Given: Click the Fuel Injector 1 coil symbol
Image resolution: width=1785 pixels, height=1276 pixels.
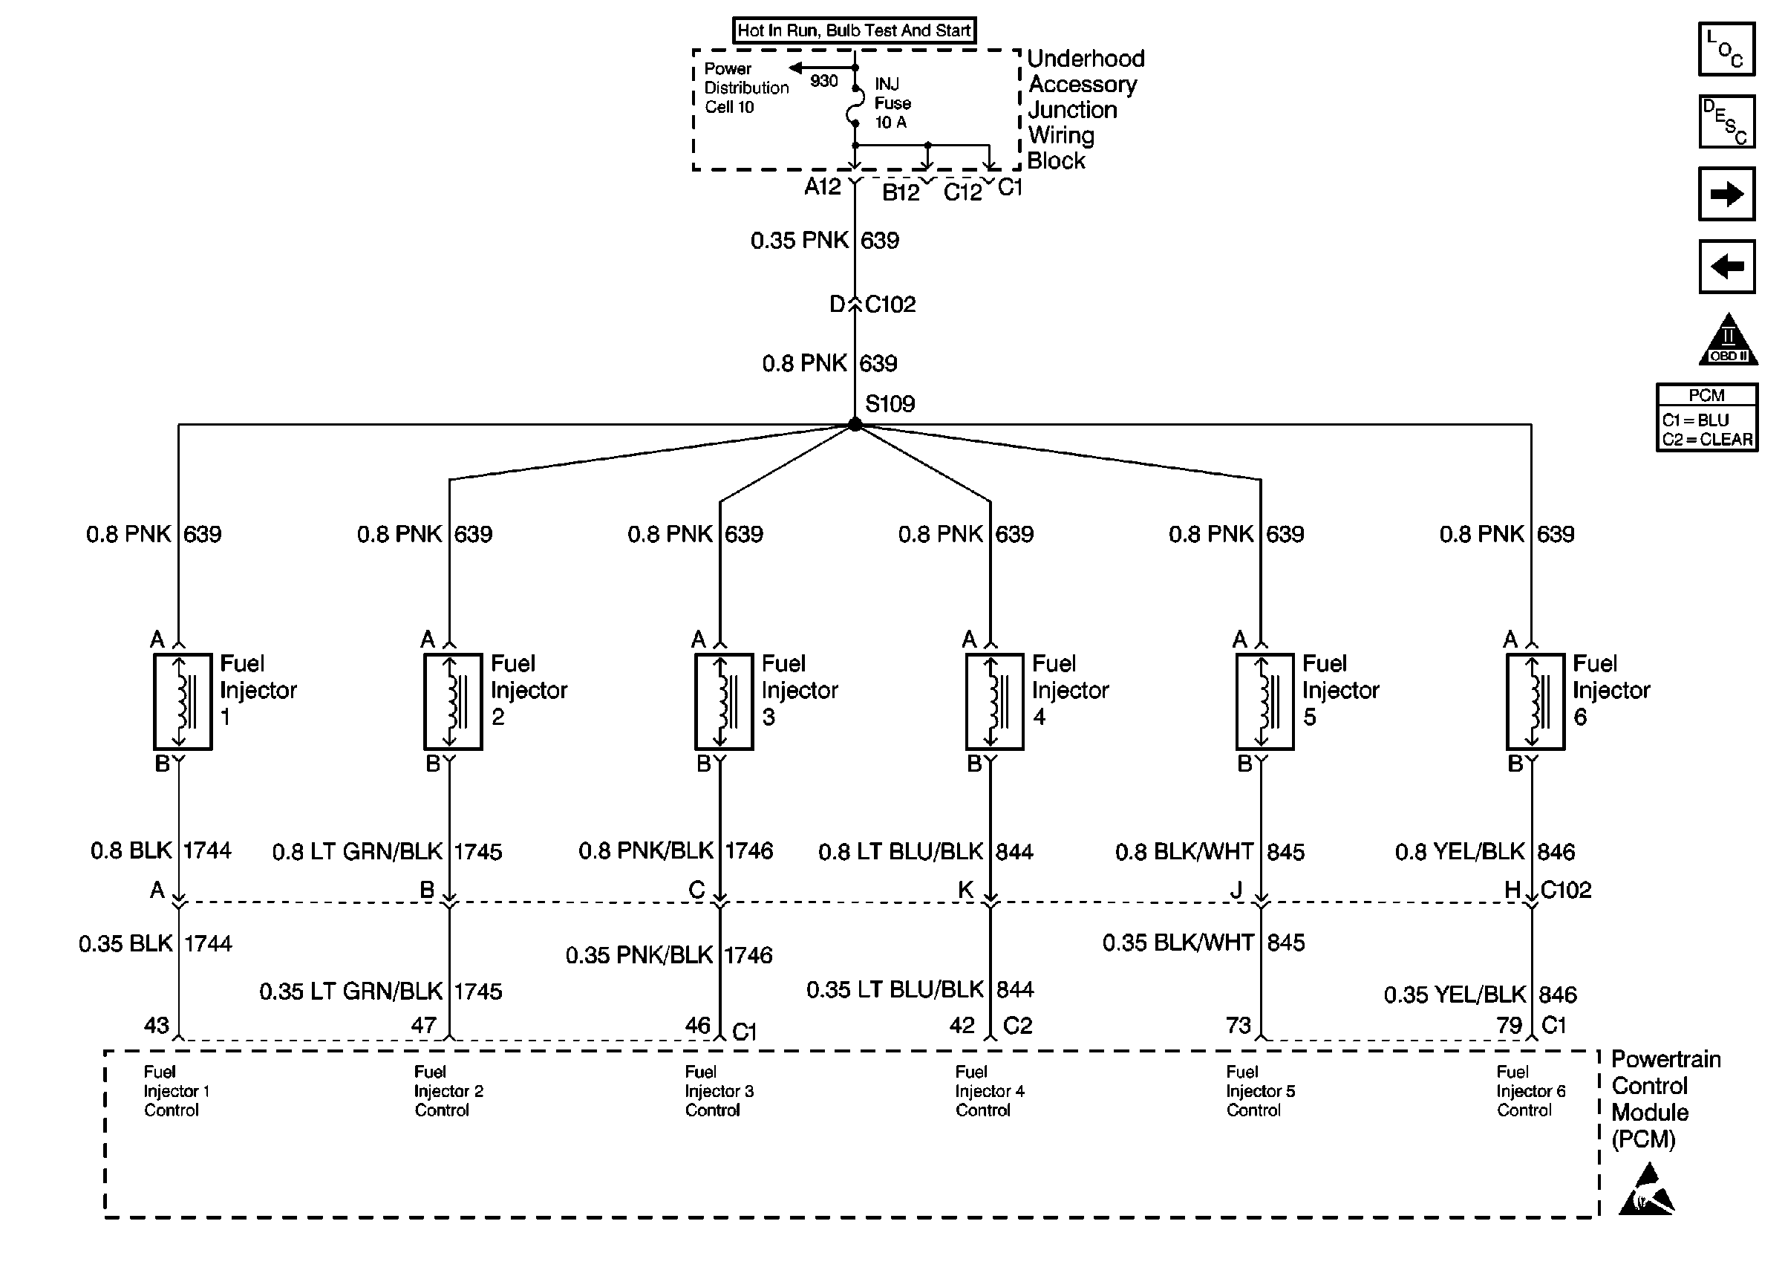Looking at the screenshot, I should pyautogui.click(x=182, y=702).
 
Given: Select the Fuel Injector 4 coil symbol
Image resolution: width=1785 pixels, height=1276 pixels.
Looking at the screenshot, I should pyautogui.click(x=994, y=702).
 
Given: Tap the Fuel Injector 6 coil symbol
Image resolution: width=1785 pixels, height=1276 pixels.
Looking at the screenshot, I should pyautogui.click(x=1536, y=702).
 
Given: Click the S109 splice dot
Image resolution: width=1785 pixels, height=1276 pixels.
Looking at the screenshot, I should pyautogui.click(x=855, y=424).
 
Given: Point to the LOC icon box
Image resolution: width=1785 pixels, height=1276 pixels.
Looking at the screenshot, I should pyautogui.click(x=1726, y=50).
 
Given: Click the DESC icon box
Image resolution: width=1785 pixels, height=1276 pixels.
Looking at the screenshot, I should pyautogui.click(x=1726, y=122).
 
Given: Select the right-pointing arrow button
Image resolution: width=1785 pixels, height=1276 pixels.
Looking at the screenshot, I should pyautogui.click(x=1726, y=193).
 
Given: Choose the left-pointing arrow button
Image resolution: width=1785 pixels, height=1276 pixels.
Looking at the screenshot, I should pyautogui.click(x=1726, y=267).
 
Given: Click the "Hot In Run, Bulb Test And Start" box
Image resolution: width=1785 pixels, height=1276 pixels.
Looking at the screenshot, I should pyautogui.click(x=855, y=30).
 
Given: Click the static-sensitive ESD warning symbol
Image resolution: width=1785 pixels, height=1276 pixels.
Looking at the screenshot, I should pyautogui.click(x=1646, y=1191).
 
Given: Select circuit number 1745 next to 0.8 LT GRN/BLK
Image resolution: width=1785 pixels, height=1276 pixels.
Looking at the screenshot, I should pyautogui.click(x=478, y=852).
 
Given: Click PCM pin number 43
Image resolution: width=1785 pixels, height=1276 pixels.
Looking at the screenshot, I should pyautogui.click(x=156, y=1026).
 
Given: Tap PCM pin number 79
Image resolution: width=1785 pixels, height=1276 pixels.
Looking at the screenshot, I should pyautogui.click(x=1510, y=1026).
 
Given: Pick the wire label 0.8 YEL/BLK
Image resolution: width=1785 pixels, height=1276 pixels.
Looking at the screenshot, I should pyautogui.click(x=1459, y=852).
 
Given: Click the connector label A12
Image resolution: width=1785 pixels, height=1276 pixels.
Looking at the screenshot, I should pyautogui.click(x=822, y=187).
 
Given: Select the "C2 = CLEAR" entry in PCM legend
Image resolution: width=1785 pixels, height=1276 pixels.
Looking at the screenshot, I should pyautogui.click(x=1707, y=439).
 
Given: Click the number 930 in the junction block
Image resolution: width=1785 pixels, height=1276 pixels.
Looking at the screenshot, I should pyautogui.click(x=823, y=81).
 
